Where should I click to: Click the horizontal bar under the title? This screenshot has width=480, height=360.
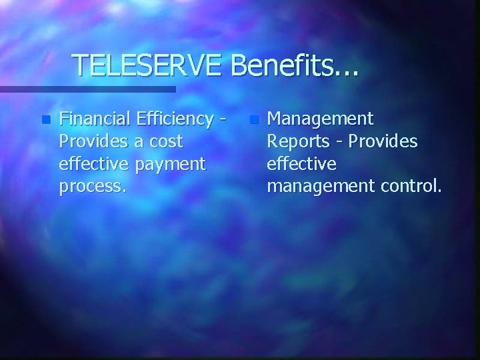87,89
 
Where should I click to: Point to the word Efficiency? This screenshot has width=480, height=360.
177,119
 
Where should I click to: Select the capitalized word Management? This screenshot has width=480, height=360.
320,119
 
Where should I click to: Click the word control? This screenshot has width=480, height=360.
409,186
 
